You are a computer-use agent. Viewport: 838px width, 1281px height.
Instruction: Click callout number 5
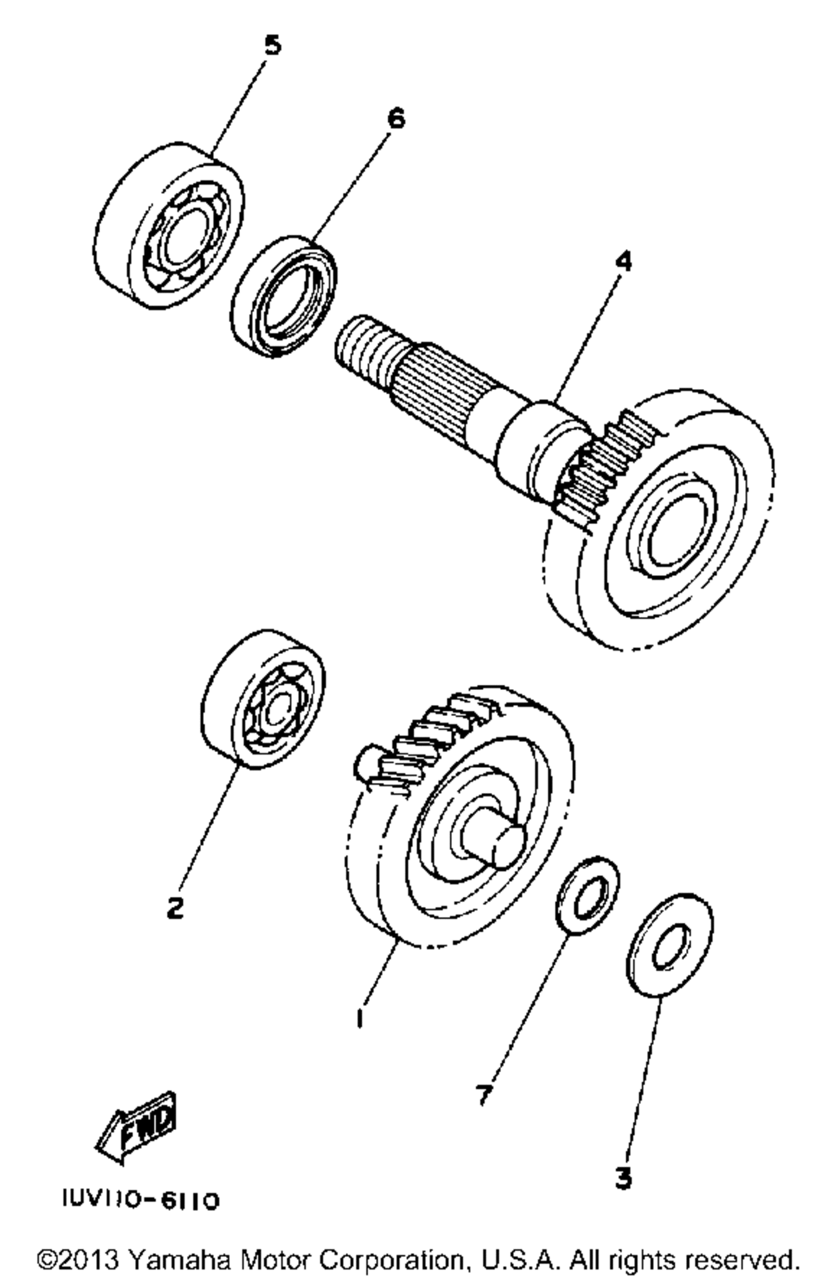[x=272, y=45]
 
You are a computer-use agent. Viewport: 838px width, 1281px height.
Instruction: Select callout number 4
[x=621, y=262]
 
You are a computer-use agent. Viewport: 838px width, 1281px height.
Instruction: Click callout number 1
[x=360, y=1018]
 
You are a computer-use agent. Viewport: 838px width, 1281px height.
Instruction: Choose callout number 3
[x=622, y=1178]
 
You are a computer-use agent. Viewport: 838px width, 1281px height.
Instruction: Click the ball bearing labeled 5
[x=173, y=226]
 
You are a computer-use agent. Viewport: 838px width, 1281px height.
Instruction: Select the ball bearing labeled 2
[x=264, y=698]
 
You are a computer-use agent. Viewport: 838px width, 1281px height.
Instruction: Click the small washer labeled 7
[x=587, y=894]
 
